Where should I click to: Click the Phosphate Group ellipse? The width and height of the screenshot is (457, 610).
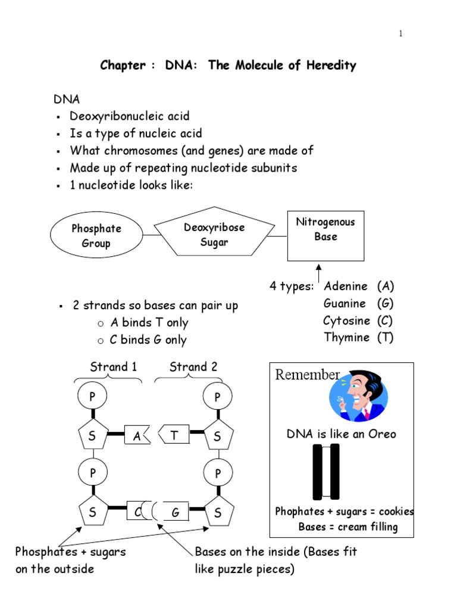tap(96, 236)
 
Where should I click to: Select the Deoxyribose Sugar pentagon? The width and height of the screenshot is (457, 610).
tap(214, 235)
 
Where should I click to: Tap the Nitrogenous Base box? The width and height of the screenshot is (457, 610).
tap(325, 235)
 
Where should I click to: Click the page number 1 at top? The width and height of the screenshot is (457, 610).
tap(401, 33)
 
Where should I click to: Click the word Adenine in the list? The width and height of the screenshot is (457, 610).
tap(345, 287)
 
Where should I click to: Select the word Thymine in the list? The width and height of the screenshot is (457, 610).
tap(346, 337)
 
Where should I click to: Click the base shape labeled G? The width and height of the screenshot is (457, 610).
tap(176, 512)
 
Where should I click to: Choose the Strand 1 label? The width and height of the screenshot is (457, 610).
tap(113, 367)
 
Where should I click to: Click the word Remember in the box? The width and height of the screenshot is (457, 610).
tap(307, 375)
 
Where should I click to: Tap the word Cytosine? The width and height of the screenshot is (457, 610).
tap(347, 320)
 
